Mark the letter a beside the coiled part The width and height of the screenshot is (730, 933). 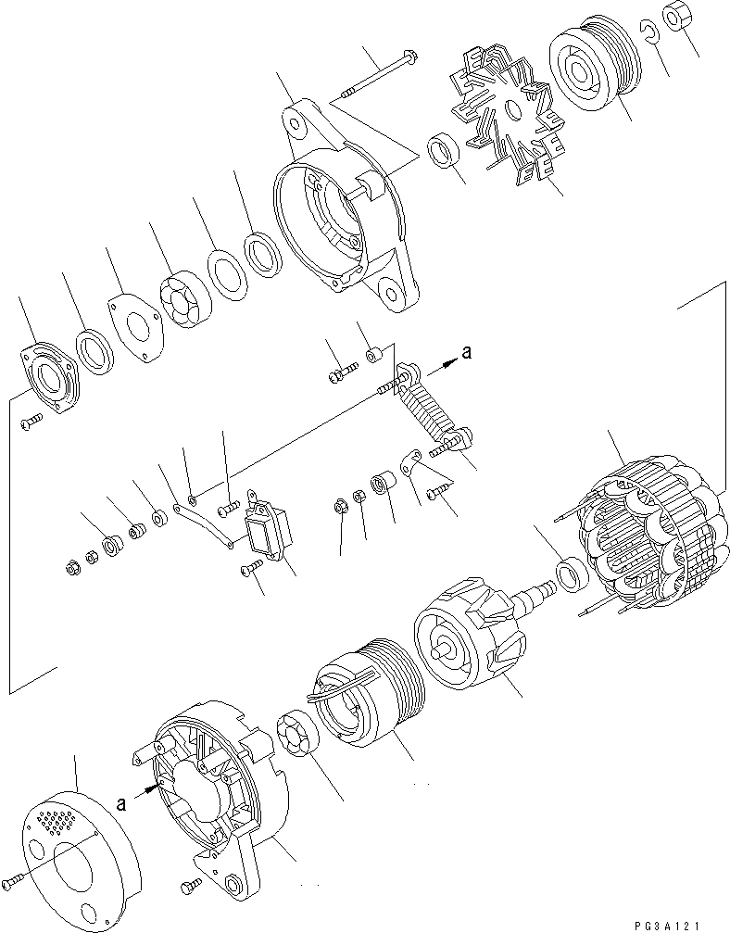[x=467, y=352]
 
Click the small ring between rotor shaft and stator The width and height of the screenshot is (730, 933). [x=571, y=575]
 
